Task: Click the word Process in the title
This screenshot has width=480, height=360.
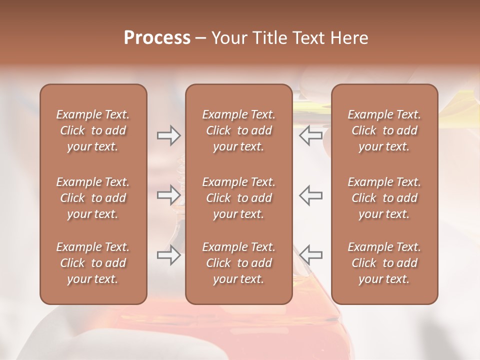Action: point(157,38)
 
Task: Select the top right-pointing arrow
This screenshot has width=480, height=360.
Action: point(168,135)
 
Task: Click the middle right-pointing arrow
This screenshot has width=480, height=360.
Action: point(168,195)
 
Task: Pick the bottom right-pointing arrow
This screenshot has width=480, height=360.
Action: point(168,255)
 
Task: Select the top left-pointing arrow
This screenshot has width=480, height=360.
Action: point(311,135)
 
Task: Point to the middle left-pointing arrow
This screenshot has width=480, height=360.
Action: point(311,195)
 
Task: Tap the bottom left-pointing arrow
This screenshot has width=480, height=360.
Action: point(311,255)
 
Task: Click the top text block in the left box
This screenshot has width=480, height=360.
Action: point(93,130)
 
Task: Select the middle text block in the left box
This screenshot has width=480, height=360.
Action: point(93,198)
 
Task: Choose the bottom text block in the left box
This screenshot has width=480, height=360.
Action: point(93,263)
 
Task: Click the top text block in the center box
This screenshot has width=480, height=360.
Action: point(239,130)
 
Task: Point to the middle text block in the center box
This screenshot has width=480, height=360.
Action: point(239,198)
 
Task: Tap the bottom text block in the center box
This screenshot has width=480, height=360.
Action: point(239,263)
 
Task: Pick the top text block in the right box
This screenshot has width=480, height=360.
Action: point(384,130)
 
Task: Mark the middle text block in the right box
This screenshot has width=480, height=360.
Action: point(384,198)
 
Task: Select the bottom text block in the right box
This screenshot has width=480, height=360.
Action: point(384,263)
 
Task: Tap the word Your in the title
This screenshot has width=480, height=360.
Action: point(228,38)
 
